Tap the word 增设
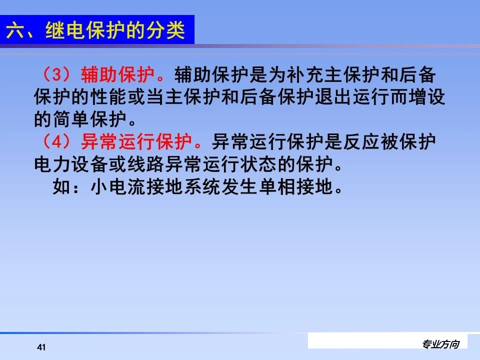(x=430, y=98)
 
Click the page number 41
(x=41, y=347)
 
